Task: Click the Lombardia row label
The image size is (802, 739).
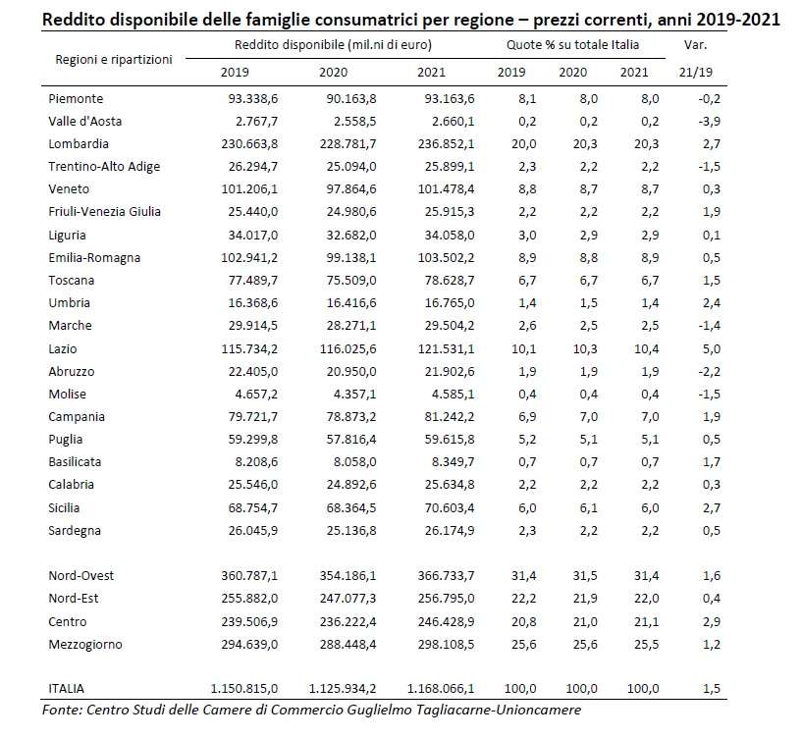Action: tap(79, 143)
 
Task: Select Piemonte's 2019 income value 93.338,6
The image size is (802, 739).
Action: tap(252, 99)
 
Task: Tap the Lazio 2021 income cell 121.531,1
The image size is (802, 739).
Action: tap(446, 348)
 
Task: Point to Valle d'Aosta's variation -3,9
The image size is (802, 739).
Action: tap(709, 122)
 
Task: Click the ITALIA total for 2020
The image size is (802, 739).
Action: tap(343, 688)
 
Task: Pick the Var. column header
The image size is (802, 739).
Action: tap(695, 45)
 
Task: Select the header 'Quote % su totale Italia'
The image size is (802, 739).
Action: tap(572, 45)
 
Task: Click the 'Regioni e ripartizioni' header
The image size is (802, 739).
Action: tap(114, 59)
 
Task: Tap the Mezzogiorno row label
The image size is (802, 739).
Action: tap(84, 645)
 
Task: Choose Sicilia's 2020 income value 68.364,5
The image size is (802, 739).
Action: tap(350, 507)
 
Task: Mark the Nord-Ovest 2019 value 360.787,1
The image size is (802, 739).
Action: tap(249, 575)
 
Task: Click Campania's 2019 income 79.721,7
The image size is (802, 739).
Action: tap(252, 416)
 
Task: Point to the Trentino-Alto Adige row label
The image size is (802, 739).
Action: tap(104, 167)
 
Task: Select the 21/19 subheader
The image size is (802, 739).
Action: tap(696, 72)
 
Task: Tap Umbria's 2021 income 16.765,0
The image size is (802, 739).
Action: tap(449, 302)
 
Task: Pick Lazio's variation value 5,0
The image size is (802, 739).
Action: tap(712, 348)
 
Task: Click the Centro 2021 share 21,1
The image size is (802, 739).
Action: tap(647, 621)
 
